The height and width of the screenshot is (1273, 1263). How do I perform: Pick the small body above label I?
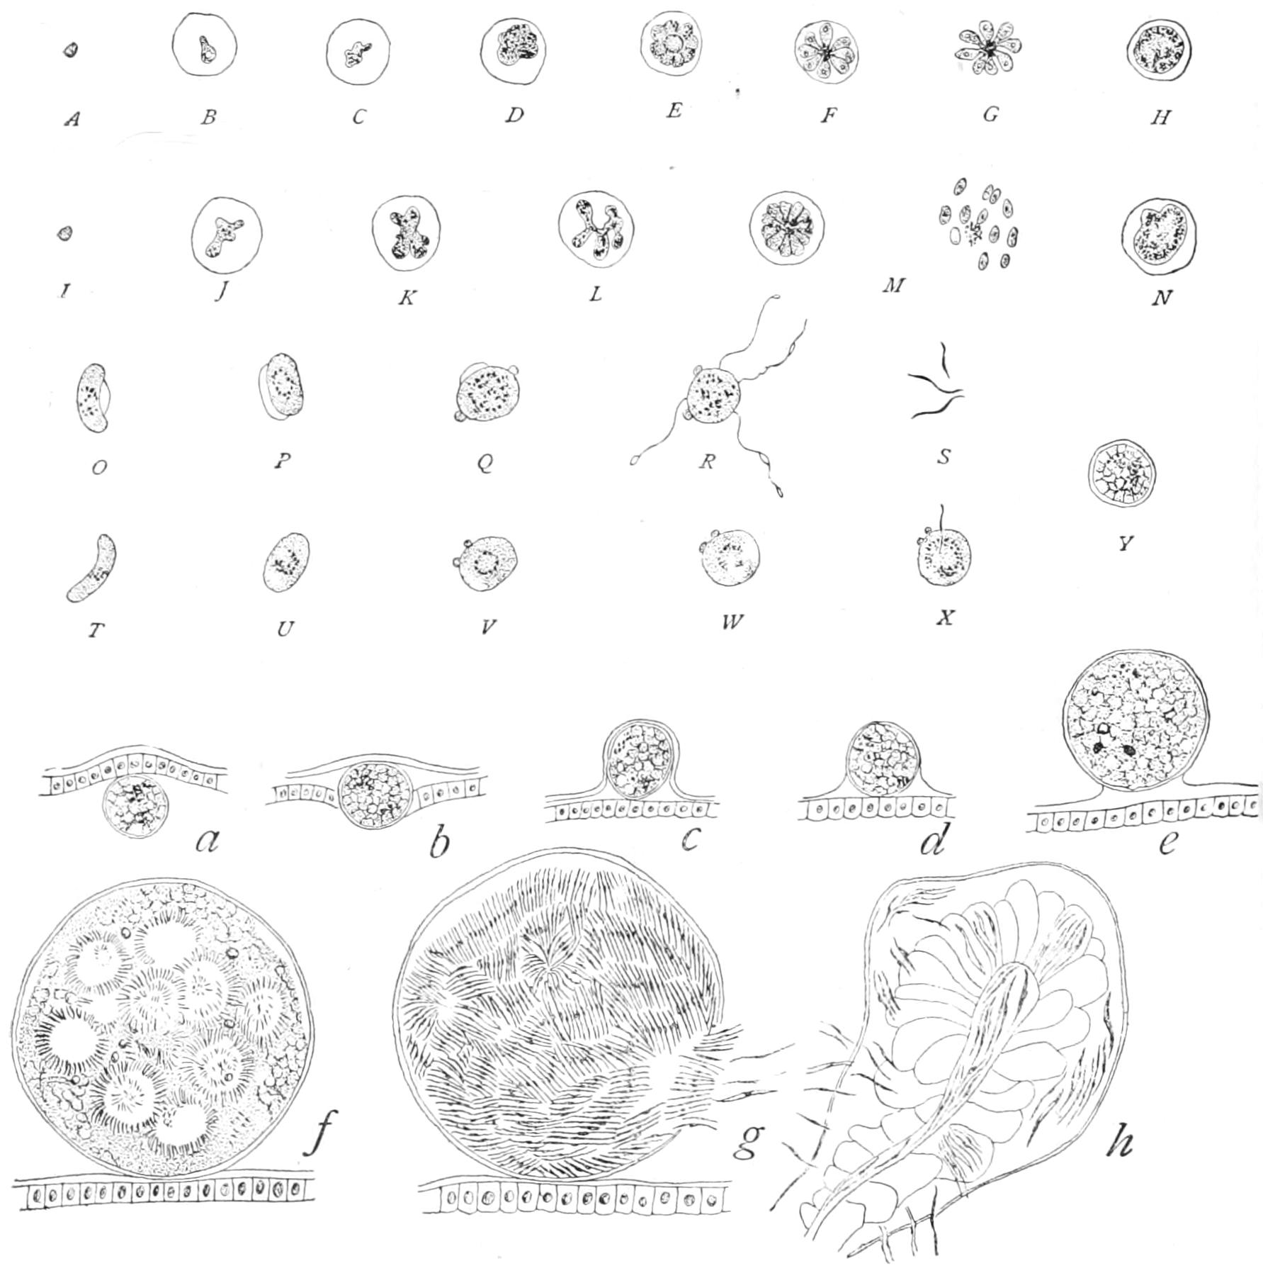64,232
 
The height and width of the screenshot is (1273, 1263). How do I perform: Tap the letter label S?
943,456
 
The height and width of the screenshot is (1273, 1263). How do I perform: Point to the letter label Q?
485,464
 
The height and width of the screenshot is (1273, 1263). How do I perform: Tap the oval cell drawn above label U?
287,562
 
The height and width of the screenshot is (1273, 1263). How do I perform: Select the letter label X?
946,617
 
